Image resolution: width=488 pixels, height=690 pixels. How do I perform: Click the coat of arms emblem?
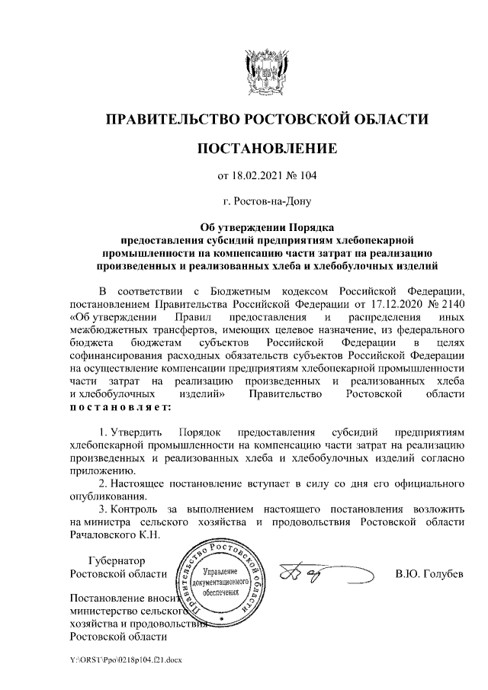[266, 69]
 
